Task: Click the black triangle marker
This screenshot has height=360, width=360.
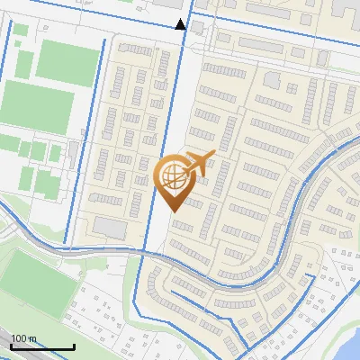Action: click(x=181, y=24)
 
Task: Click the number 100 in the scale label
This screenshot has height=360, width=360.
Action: click(x=20, y=338)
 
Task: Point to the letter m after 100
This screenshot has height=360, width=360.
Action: click(x=32, y=338)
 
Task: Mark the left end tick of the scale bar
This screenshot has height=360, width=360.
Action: click(x=11, y=346)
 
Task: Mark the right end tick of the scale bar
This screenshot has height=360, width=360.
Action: click(x=74, y=346)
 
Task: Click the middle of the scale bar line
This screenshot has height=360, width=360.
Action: click(x=42, y=347)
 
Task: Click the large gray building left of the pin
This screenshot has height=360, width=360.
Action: click(x=113, y=228)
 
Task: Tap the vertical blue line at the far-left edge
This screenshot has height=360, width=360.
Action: click(x=9, y=108)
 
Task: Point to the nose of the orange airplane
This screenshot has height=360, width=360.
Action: click(x=214, y=156)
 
